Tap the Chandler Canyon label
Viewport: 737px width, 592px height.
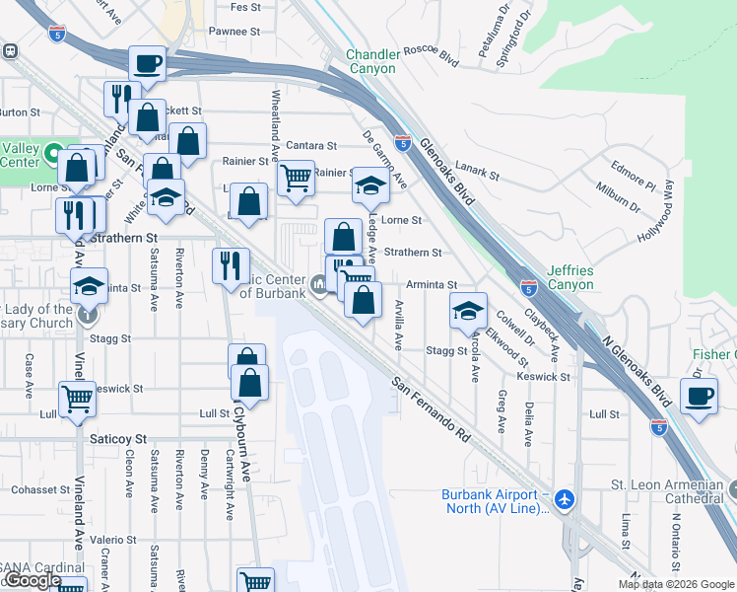[x=370, y=61]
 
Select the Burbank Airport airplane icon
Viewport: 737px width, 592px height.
[x=564, y=499]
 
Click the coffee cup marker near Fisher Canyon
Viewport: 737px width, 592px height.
[x=699, y=398]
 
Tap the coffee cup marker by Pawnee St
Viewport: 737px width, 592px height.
[x=147, y=65]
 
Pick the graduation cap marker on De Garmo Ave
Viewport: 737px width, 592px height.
[x=369, y=185]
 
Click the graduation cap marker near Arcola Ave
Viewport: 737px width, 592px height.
[x=468, y=311]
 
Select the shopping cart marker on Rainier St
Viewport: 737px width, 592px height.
[x=296, y=179]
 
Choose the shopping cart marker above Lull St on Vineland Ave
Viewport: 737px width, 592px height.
[x=77, y=400]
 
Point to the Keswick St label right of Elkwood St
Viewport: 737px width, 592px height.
[x=543, y=377]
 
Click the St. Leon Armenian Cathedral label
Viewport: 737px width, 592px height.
[x=671, y=491]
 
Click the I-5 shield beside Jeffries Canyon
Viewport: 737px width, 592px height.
[x=529, y=288]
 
